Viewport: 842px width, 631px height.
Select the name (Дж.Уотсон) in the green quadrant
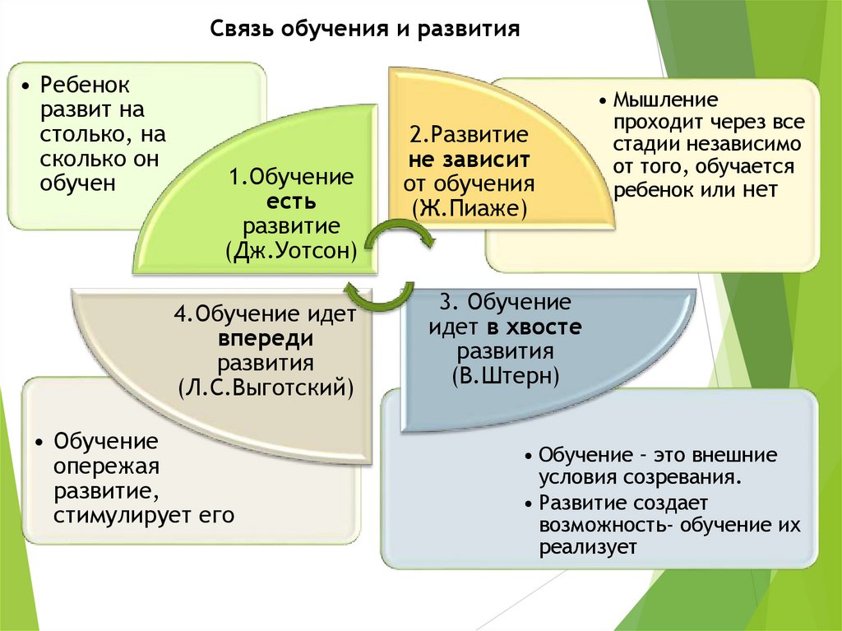292,250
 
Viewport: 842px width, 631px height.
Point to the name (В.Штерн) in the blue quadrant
506,375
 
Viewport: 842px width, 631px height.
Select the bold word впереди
266,339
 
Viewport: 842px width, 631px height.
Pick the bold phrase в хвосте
534,327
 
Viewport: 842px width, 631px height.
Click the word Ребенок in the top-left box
87,85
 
